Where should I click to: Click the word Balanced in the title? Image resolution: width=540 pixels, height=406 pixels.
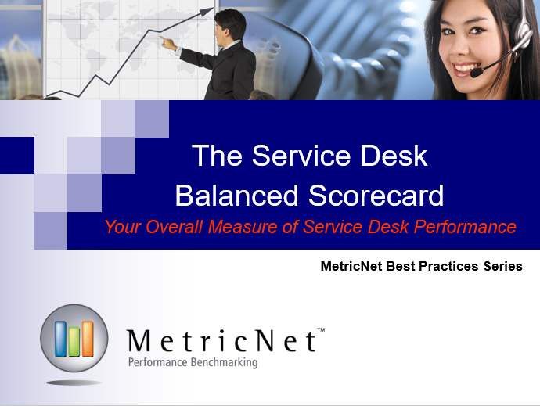pos(236,196)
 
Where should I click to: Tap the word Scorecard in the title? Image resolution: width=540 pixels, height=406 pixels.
pos(376,196)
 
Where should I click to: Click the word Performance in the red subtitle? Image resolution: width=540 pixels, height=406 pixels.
pos(465,227)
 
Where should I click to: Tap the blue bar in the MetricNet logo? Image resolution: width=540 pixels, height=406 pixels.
pos(60,339)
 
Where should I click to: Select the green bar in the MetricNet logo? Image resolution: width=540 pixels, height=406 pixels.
pos(74,342)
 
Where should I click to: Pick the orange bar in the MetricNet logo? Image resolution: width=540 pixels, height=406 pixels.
pos(87,339)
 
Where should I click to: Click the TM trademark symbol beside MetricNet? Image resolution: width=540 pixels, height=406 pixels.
pos(321,330)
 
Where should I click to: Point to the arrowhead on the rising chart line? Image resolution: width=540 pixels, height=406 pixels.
pos(207,11)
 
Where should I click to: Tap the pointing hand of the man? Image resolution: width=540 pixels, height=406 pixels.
pos(167,43)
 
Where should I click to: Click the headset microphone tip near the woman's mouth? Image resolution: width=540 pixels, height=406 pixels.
pos(477,73)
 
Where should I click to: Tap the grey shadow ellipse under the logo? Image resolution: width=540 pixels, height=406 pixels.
pos(74,383)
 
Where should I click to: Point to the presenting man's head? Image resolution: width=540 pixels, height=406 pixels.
pos(230,25)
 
